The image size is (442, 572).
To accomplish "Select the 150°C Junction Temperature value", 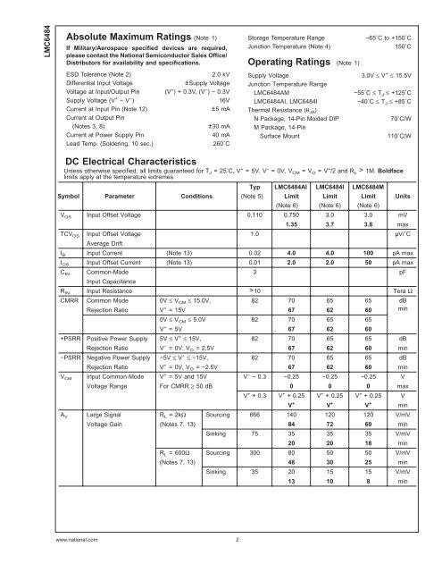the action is point(410,49).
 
